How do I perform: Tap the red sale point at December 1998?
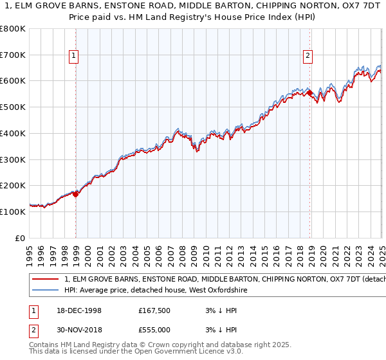pos(76,194)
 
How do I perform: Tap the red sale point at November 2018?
pos(310,93)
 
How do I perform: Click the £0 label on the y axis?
pos(21,238)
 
